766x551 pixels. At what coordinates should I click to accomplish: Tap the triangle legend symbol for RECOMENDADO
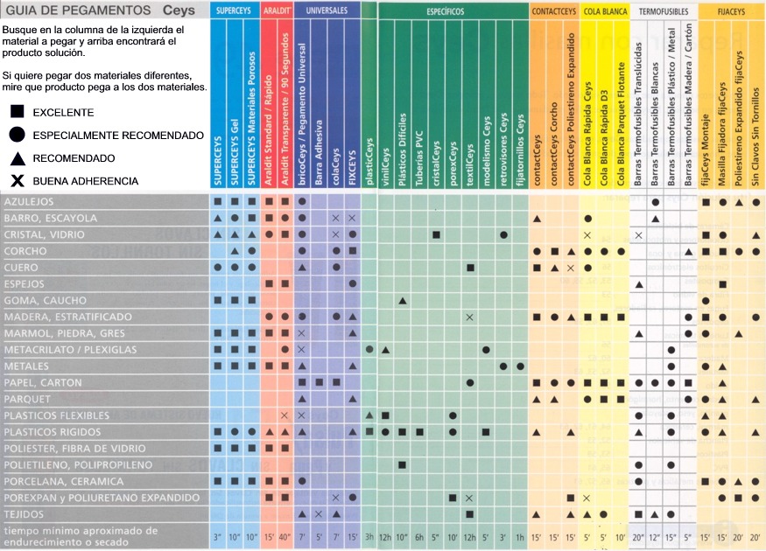pyautogui.click(x=17, y=158)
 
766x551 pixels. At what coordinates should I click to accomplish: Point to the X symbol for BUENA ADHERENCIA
pyautogui.click(x=17, y=181)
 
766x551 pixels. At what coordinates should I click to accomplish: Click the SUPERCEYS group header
pyautogui.click(x=235, y=10)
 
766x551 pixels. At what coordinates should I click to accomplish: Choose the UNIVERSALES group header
pyautogui.click(x=327, y=10)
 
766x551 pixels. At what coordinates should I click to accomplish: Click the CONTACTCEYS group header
pyautogui.click(x=553, y=10)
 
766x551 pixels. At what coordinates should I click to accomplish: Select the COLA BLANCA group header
pyautogui.click(x=604, y=10)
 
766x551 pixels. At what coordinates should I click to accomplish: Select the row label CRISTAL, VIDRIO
pyautogui.click(x=45, y=235)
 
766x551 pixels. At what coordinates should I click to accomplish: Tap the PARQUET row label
pyautogui.click(x=29, y=399)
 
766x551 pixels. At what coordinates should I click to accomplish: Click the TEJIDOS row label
pyautogui.click(x=25, y=513)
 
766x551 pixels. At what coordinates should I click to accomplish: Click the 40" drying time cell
pyautogui.click(x=285, y=535)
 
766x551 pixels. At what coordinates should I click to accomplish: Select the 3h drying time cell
pyautogui.click(x=369, y=535)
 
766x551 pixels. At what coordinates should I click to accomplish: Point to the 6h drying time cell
pyautogui.click(x=419, y=535)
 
